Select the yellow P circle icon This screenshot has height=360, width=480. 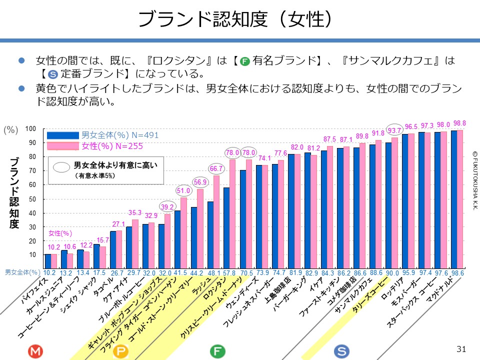point(121,351)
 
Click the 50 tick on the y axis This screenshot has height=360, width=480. point(33,199)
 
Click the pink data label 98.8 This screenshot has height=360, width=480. point(459,123)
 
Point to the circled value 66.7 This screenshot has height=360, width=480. point(216,168)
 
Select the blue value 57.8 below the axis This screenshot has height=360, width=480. point(229,273)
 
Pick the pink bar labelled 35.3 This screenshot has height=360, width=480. point(135,236)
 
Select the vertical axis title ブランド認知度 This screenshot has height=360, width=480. point(14,193)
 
